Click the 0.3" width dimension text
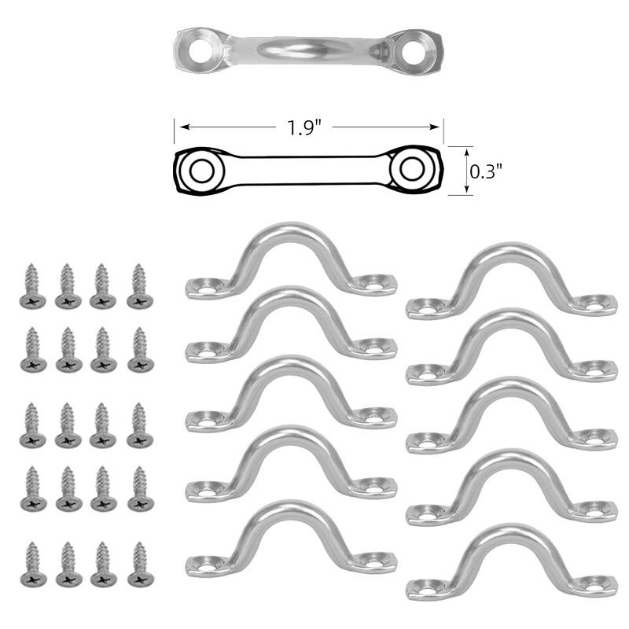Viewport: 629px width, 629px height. click(484, 170)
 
